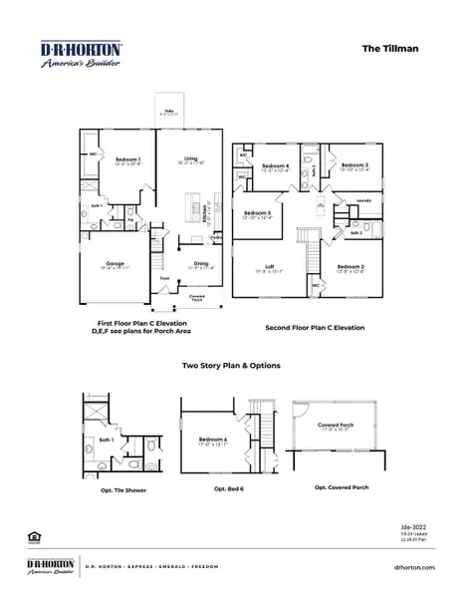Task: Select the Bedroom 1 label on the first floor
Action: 128,159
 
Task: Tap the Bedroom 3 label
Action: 354,165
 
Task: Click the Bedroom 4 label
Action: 276,165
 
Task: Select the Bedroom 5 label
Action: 257,213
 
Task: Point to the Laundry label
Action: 364,200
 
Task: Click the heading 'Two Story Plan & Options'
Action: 231,366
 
